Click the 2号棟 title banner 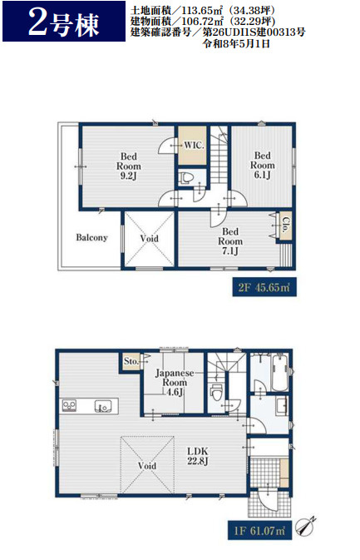64,22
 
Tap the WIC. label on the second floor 194,146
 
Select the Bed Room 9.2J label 128,166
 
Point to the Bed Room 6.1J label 262,165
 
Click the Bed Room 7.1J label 230,241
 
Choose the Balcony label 91,237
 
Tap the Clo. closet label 285,225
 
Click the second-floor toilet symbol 186,177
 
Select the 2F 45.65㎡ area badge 264,287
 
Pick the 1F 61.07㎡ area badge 259,531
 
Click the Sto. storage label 131,361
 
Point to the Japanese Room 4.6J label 175,383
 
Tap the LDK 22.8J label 198,456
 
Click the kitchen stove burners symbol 69,405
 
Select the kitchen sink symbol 103,406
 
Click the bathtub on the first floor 279,373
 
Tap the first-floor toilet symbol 216,393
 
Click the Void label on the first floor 147,466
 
